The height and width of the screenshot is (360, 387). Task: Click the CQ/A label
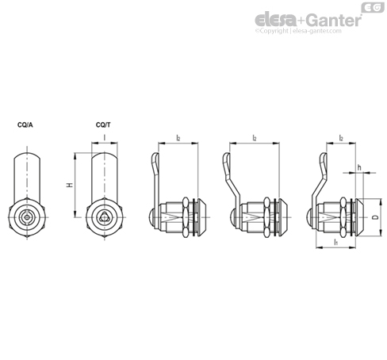(25, 125)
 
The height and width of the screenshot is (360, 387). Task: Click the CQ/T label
(103, 125)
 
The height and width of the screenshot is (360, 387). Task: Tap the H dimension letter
(70, 185)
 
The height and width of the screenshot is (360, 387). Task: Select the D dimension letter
(374, 217)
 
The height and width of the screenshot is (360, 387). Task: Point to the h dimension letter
(359, 167)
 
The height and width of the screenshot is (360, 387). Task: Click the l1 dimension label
(336, 242)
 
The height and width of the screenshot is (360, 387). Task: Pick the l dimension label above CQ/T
(105, 137)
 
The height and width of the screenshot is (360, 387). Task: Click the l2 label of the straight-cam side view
(178, 138)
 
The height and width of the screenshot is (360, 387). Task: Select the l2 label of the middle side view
(255, 138)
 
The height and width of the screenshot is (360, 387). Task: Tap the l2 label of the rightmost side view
(341, 138)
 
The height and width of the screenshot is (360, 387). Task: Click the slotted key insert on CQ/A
(27, 217)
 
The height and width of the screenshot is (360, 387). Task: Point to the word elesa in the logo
(275, 20)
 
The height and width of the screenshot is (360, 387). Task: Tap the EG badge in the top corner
(373, 7)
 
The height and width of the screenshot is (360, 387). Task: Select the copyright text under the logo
(298, 31)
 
